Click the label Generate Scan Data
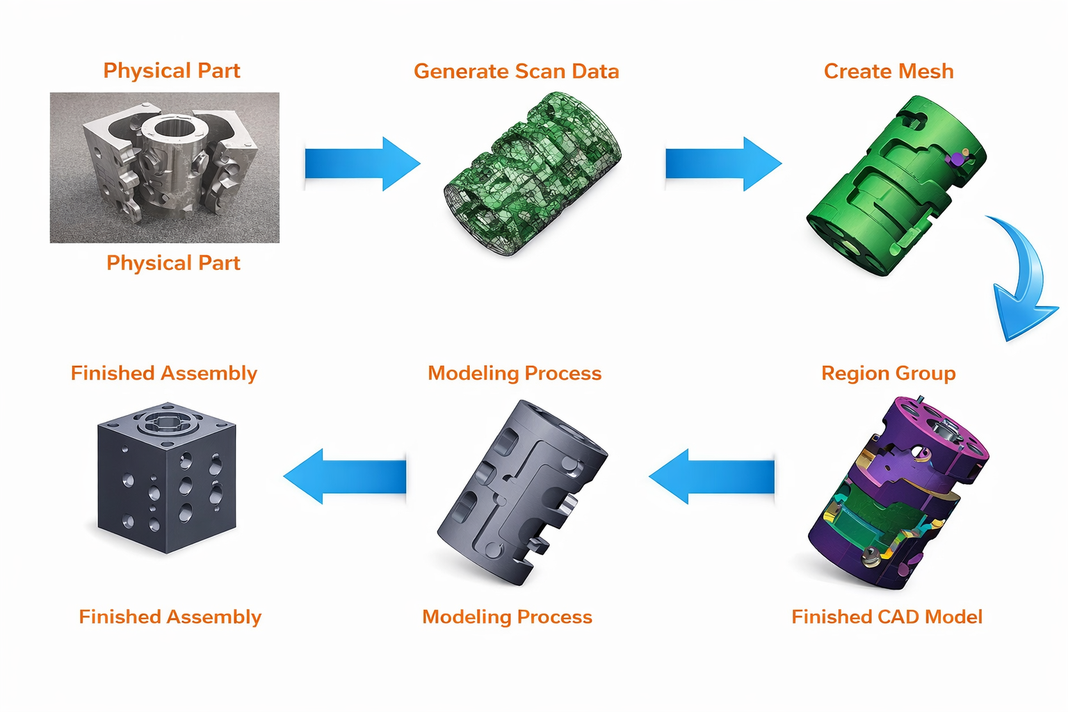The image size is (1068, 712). pos(516,72)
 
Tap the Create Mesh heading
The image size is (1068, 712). pos(888,72)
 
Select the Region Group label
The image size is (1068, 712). pos(888,373)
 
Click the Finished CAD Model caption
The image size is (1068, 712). pos(887,617)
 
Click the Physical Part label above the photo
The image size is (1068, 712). pos(172,71)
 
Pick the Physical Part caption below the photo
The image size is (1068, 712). pos(173,263)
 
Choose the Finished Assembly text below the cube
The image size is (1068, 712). pos(170,617)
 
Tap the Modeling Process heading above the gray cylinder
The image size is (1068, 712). pos(515,373)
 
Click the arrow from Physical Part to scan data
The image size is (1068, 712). pos(362,164)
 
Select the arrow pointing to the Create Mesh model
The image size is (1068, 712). pos(723,164)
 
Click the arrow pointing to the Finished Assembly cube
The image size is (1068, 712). pos(345,476)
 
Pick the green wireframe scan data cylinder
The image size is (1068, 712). pos(532,174)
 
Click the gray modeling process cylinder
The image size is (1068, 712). pos(521,490)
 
